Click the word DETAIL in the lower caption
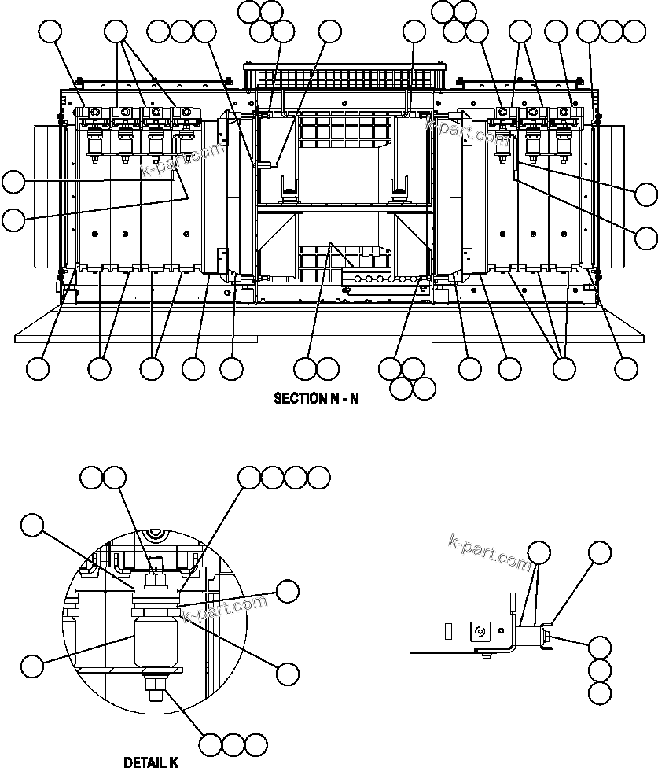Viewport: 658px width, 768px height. [142, 762]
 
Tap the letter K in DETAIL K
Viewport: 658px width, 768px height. [174, 762]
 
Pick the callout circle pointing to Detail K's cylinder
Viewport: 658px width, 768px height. [31, 666]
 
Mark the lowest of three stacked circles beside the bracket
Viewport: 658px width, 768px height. [600, 693]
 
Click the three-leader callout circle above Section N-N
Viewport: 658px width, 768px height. [116, 32]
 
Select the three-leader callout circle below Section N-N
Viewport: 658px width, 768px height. [564, 368]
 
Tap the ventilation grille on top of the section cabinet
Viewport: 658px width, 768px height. [340, 77]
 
